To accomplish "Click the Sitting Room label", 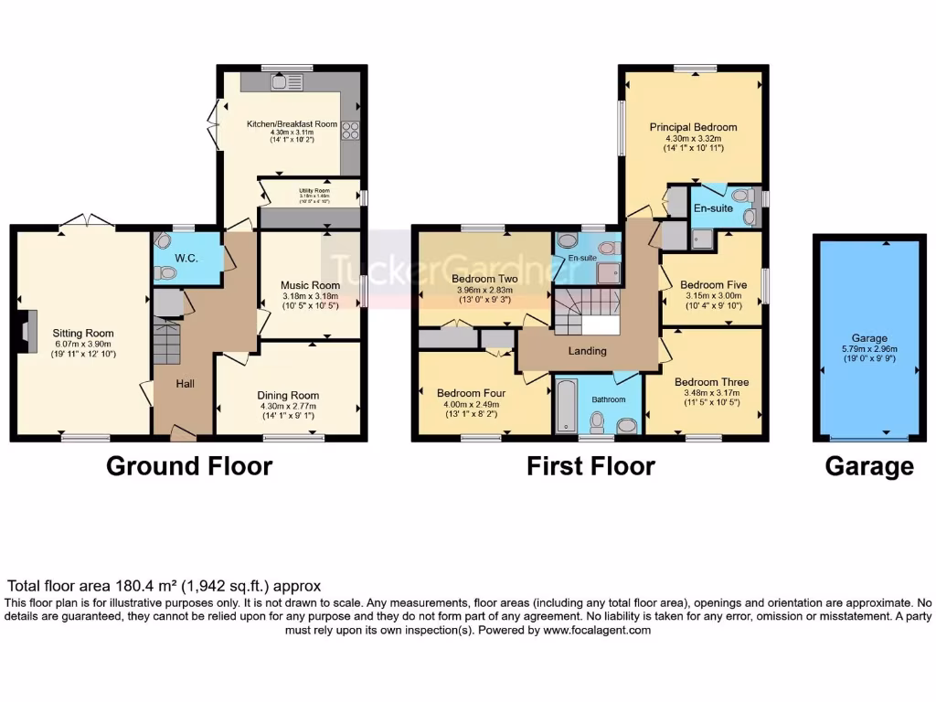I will point(82,333).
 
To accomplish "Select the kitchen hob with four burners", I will point(350,131).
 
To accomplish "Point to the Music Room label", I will point(311,285).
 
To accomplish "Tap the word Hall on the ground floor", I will point(185,384).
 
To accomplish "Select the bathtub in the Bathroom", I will point(565,405).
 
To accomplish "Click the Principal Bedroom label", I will point(693,127).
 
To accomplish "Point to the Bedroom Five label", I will point(714,284).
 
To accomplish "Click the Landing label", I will point(587,351).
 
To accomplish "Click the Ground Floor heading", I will point(189,466).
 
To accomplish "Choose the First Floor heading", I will point(590,466).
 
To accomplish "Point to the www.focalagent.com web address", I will point(597,631).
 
